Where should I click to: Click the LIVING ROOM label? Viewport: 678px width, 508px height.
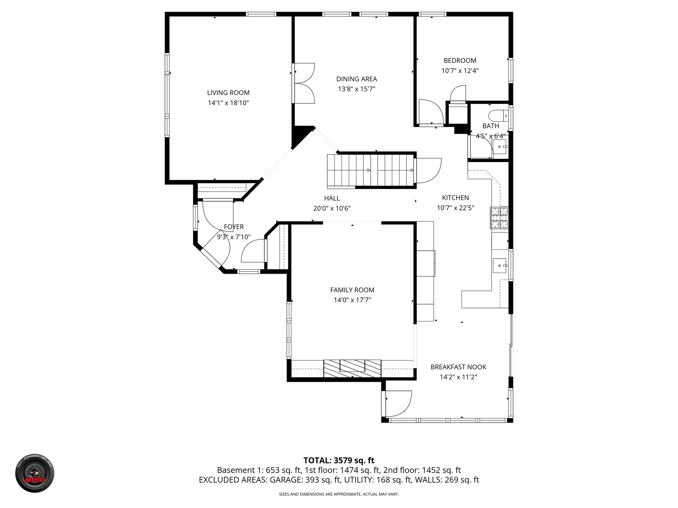pos(228,93)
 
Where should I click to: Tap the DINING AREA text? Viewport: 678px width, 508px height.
pos(357,79)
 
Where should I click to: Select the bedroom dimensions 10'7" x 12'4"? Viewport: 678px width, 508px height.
pos(460,71)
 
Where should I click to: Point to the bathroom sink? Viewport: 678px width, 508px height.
pos(500,146)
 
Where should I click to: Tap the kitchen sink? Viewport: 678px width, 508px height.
pos(500,265)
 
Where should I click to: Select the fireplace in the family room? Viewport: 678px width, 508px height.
pos(352,368)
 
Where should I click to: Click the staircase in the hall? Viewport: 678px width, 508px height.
pos(370,170)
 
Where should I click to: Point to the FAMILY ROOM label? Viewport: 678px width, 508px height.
pos(352,290)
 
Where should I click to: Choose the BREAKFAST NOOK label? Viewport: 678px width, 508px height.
pos(458,367)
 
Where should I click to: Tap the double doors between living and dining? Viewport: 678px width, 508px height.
pos(304,83)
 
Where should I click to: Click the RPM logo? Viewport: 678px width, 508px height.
pos(35,473)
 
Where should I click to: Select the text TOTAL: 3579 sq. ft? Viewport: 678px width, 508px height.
pos(339,460)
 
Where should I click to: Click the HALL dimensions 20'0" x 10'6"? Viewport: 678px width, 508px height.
pos(332,208)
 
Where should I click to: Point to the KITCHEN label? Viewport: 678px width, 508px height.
pos(456,198)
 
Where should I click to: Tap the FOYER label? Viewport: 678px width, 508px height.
pos(234,227)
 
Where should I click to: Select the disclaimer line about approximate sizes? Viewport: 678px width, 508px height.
pos(339,494)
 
